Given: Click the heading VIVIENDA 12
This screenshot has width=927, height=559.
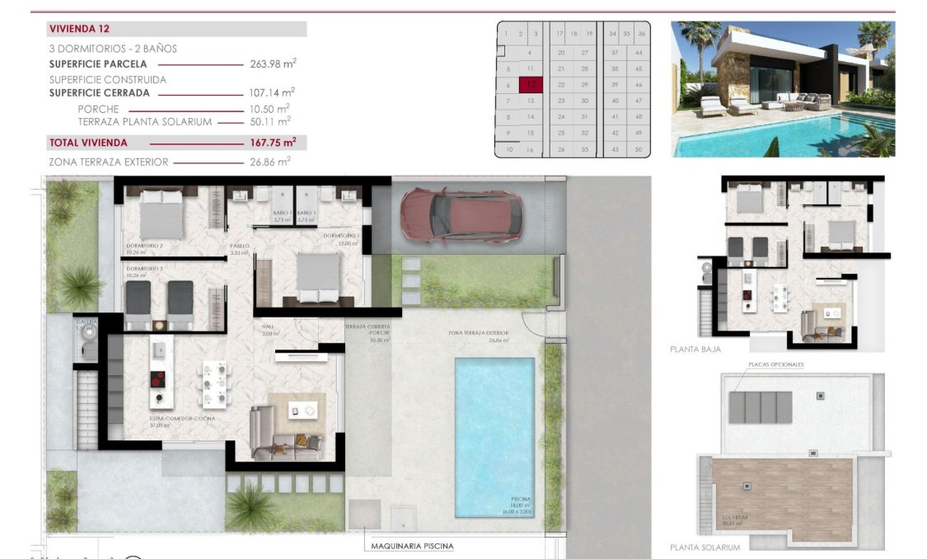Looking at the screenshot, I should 81,29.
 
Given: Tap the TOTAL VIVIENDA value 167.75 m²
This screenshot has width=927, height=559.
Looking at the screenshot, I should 273,143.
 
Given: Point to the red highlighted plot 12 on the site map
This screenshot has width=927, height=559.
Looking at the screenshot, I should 531,84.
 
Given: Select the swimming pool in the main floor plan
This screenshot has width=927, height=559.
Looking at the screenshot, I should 494,435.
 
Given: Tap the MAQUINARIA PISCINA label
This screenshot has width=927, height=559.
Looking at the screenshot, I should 412,546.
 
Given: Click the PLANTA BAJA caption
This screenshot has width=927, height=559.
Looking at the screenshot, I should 695,350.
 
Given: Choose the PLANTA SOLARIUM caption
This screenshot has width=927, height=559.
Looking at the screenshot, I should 705,547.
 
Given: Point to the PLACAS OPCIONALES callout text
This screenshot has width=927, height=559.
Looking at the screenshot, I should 775,364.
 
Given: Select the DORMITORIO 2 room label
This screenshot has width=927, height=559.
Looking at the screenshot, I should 144,246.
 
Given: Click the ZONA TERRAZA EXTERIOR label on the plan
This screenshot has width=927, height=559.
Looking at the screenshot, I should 478,333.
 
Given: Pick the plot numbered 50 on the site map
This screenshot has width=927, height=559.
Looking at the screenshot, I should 638,149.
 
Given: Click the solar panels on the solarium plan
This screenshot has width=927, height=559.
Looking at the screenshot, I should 761,407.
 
